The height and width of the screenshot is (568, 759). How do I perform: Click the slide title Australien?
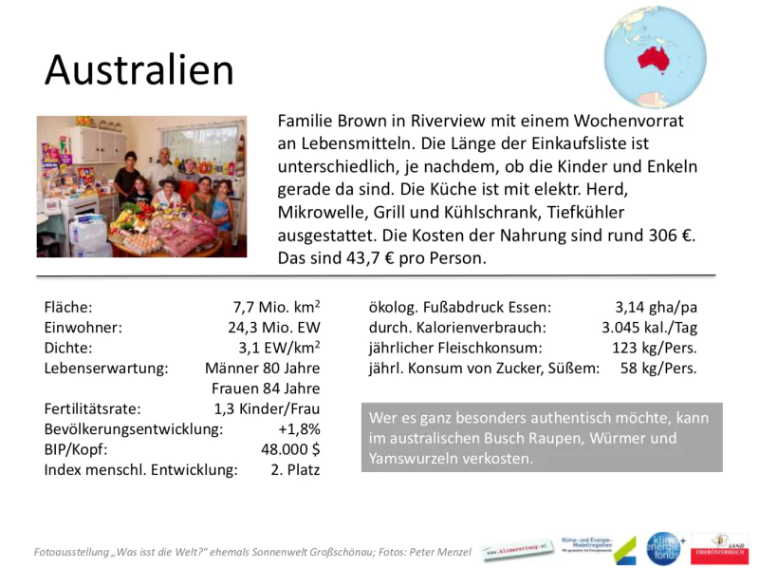click(x=139, y=69)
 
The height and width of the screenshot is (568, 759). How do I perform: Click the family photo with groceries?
click(x=141, y=186)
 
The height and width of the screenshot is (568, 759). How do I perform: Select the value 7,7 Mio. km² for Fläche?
click(x=276, y=307)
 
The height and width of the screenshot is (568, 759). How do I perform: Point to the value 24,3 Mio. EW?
click(x=269, y=328)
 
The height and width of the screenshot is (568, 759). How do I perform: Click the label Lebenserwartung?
click(x=105, y=368)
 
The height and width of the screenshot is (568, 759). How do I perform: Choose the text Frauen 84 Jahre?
click(x=265, y=388)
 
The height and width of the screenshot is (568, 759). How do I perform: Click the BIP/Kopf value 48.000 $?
click(x=290, y=449)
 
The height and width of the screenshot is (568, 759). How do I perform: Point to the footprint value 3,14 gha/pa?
click(x=656, y=307)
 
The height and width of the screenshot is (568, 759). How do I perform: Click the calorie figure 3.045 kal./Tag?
click(x=649, y=328)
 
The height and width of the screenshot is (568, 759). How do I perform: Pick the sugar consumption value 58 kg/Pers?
click(x=658, y=368)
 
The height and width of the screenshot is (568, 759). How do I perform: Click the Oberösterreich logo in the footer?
click(x=719, y=548)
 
